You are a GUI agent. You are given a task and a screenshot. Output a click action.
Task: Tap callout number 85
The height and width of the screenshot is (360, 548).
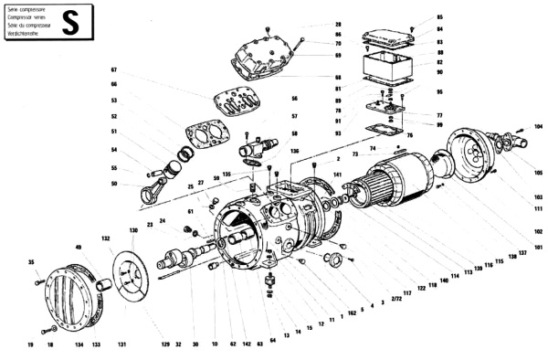439,17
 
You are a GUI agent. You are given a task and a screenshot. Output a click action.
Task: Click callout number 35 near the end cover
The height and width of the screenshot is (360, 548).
31,262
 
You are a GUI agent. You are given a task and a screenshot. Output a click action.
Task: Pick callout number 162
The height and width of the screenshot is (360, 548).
352,313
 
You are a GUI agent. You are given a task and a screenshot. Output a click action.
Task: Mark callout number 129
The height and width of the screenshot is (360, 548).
166,344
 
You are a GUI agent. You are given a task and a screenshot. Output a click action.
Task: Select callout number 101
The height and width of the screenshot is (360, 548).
538,247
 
